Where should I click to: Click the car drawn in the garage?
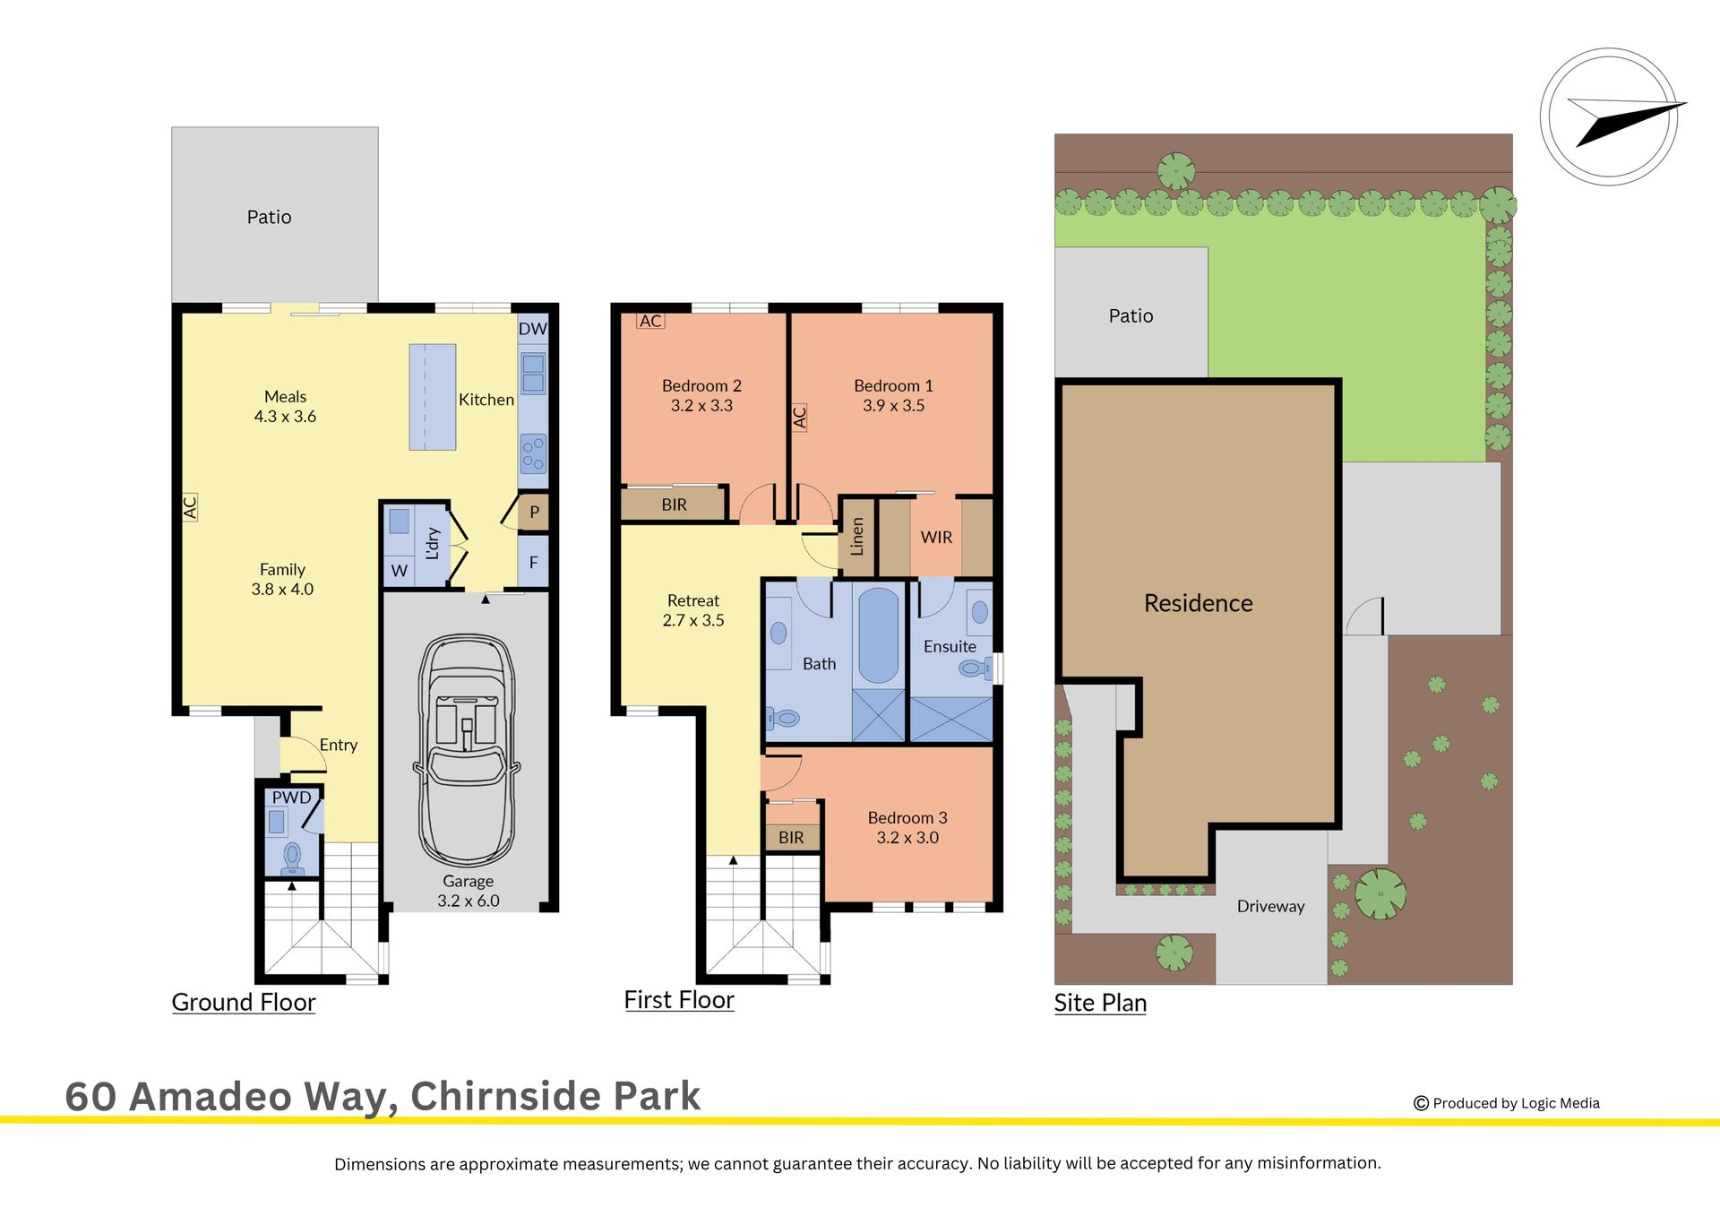pyautogui.click(x=467, y=751)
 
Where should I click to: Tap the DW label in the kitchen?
pyautogui.click(x=532, y=329)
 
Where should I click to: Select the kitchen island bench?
pyautogui.click(x=433, y=397)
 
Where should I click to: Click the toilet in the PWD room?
pyautogui.click(x=292, y=859)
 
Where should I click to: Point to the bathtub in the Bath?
pyautogui.click(x=879, y=636)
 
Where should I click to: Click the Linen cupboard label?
pyautogui.click(x=857, y=537)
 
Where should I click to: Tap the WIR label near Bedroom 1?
pyautogui.click(x=936, y=537)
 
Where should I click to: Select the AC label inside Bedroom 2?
pyautogui.click(x=650, y=321)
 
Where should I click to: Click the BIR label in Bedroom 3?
pyautogui.click(x=791, y=837)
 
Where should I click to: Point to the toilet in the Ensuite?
pyautogui.click(x=975, y=668)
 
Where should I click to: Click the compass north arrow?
pyautogui.click(x=1630, y=124)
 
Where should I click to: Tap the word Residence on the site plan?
pyautogui.click(x=1198, y=603)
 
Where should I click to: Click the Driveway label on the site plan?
pyautogui.click(x=1270, y=906)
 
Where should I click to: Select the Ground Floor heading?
pyautogui.click(x=244, y=1002)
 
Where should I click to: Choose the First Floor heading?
pyautogui.click(x=679, y=999)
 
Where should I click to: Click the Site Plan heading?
pyautogui.click(x=1100, y=1003)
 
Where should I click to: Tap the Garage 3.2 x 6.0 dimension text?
pyautogui.click(x=468, y=891)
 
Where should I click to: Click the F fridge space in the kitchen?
pyautogui.click(x=533, y=562)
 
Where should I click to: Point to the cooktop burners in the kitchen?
pyautogui.click(x=533, y=453)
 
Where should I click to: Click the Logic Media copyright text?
pyautogui.click(x=1507, y=1103)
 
